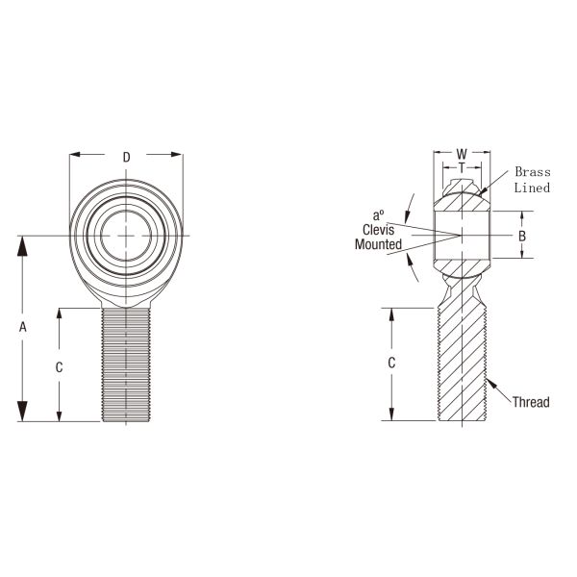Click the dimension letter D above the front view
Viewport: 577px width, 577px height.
[x=126, y=157]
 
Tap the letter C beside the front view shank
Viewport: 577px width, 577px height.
[x=60, y=366]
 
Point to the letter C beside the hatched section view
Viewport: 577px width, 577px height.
[x=390, y=363]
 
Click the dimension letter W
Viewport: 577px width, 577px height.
[x=462, y=154]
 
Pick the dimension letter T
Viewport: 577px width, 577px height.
[x=462, y=167]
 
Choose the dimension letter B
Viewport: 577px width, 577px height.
[x=521, y=236]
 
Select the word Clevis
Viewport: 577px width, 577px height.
[x=379, y=230]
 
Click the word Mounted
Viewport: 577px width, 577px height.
[x=378, y=244]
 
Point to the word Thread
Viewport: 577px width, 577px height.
[x=531, y=402]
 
